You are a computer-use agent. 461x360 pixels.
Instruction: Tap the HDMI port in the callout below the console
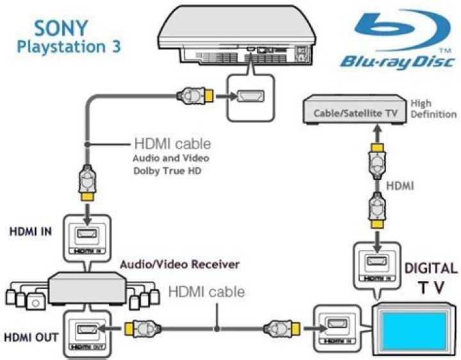[x=250, y=97]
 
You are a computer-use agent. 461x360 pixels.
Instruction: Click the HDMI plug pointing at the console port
[x=193, y=97]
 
